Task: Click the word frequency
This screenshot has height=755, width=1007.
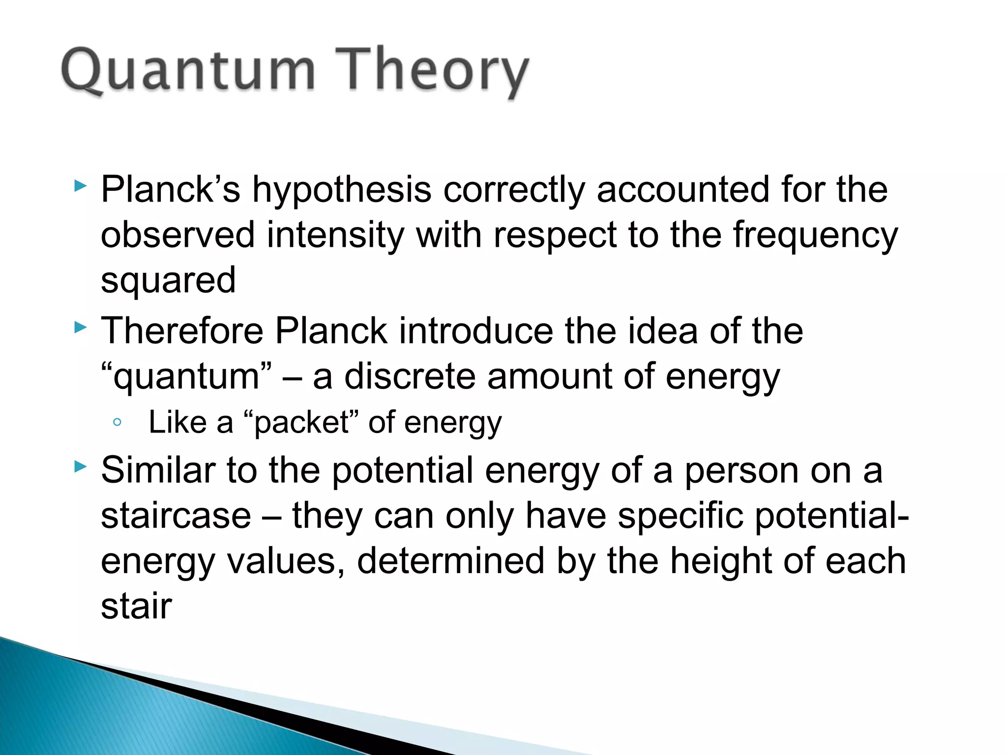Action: click(x=815, y=236)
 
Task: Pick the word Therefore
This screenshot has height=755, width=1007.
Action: click(x=182, y=330)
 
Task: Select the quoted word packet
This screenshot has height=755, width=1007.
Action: click(x=301, y=423)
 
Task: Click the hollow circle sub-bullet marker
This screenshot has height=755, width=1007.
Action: click(x=117, y=422)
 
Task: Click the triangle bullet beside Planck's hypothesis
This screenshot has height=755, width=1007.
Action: click(x=80, y=186)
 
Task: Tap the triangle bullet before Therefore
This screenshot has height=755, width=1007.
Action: click(x=80, y=327)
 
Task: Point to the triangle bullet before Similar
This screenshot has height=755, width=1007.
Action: click(x=80, y=467)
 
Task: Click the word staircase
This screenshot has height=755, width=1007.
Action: click(x=176, y=516)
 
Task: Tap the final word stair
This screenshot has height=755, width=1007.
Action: click(x=136, y=606)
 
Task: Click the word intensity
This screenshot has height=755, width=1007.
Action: click(x=336, y=235)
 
